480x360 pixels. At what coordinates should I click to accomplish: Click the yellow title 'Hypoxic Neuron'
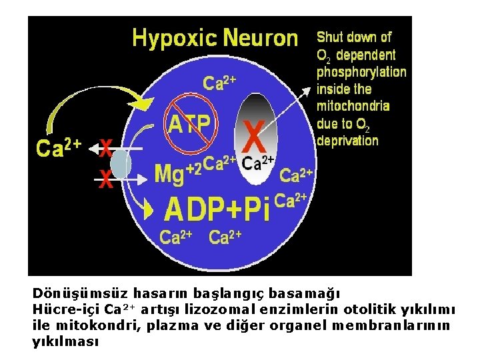pyautogui.click(x=215, y=37)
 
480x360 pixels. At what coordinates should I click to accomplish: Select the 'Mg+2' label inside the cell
pyautogui.click(x=177, y=173)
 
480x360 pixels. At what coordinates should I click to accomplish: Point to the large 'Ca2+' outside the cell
pyautogui.click(x=59, y=148)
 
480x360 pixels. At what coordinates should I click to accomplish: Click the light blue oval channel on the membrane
pyautogui.click(x=121, y=164)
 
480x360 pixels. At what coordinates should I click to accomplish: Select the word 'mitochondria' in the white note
pyautogui.click(x=353, y=106)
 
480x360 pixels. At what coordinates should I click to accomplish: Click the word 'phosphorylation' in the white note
pyautogui.click(x=361, y=71)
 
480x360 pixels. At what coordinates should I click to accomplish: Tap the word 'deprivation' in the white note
pyautogui.click(x=347, y=141)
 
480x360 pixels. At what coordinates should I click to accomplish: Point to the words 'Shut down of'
pyautogui.click(x=353, y=37)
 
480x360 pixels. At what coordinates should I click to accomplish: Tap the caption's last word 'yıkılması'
pyautogui.click(x=65, y=341)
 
